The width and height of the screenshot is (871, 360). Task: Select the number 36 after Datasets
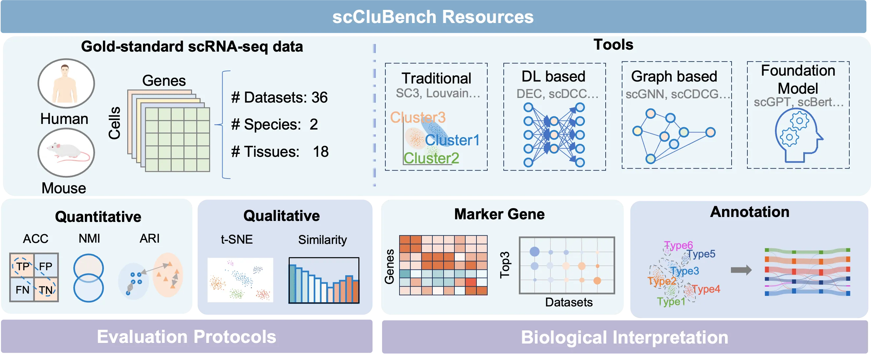[x=319, y=98]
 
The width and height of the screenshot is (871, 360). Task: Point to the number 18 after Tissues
[x=320, y=152]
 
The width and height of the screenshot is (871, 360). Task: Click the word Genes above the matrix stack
[x=164, y=81]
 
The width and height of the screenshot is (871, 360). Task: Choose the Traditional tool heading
[x=436, y=79]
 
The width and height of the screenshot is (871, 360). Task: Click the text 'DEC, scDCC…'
[x=557, y=94]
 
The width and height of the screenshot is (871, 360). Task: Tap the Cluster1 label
[x=452, y=140]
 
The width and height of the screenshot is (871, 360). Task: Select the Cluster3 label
[x=418, y=118]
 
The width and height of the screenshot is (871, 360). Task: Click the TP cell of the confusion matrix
[x=22, y=266]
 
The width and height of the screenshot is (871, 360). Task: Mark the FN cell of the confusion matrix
[x=22, y=290]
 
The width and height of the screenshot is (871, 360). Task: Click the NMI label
[x=89, y=239]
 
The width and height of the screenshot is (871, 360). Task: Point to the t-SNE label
[x=237, y=240]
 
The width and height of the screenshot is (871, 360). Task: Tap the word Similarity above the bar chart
[x=322, y=240]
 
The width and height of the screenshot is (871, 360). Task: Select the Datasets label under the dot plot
[x=569, y=302]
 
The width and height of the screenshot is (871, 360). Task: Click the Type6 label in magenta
[x=678, y=245]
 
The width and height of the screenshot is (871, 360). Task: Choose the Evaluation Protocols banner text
[x=186, y=337]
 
